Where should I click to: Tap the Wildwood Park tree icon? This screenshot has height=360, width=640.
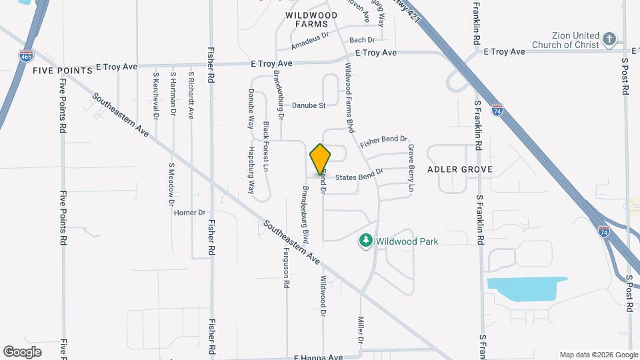pyautogui.click(x=365, y=241)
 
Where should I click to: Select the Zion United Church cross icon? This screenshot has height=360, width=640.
pyautogui.click(x=609, y=39)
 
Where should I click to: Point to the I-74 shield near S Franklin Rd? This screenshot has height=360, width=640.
pyautogui.click(x=497, y=110)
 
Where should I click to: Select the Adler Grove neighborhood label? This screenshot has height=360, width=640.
pyautogui.click(x=460, y=169)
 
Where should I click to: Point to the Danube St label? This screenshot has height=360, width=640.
pyautogui.click(x=309, y=105)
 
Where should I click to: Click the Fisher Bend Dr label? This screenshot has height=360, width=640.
pyautogui.click(x=383, y=142)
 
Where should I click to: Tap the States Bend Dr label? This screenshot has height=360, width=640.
pyautogui.click(x=359, y=175)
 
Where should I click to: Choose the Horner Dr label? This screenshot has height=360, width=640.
pyautogui.click(x=189, y=213)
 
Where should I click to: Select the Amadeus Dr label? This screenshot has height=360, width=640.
pyautogui.click(x=311, y=41)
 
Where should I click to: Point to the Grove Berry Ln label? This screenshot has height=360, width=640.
pyautogui.click(x=411, y=169)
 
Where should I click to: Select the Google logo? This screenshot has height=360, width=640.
pyautogui.click(x=23, y=351)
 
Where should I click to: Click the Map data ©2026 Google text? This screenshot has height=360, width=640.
pyautogui.click(x=597, y=355)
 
